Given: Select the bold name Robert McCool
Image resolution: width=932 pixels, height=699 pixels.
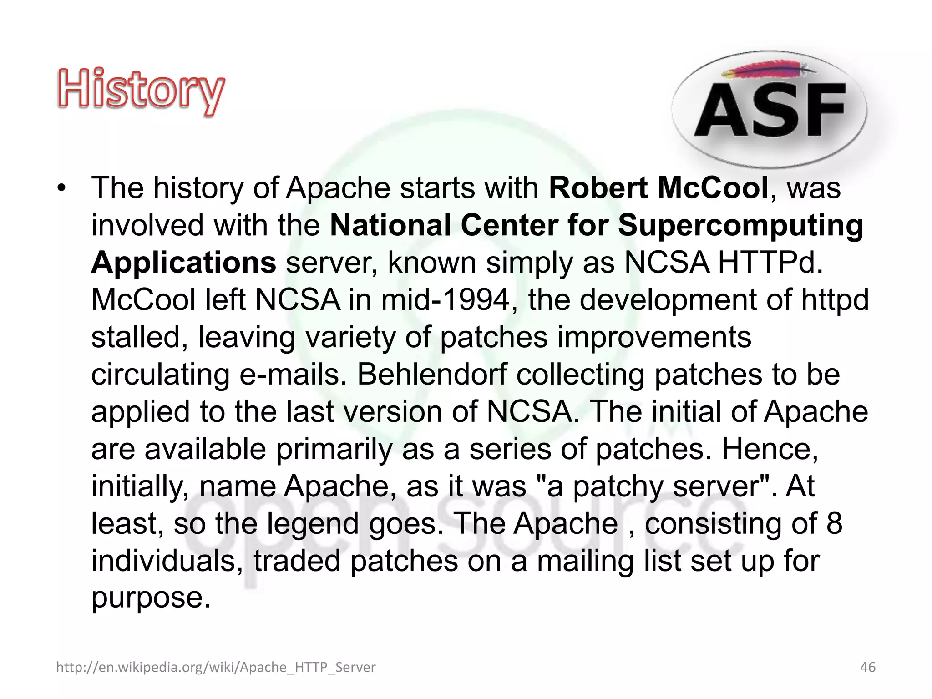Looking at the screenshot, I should pos(658,187).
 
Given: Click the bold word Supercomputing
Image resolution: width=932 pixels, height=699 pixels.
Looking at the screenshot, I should pos(740,225).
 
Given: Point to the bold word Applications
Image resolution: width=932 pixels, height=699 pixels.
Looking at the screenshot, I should pos(183,263).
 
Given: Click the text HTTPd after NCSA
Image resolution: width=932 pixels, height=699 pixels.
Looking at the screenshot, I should pos(770,263).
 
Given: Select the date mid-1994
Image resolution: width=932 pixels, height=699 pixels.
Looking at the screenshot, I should pos(446,300).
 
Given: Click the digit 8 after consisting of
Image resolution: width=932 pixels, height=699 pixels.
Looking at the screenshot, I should pos(834,524).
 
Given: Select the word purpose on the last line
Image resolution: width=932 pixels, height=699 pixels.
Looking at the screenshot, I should pos(151,598).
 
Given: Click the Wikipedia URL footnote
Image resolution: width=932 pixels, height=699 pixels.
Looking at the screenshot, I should pos(216,667).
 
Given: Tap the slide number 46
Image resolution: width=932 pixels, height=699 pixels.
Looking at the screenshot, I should pos(867,667).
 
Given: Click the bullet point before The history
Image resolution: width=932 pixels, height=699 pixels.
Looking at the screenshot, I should pos(62,188).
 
